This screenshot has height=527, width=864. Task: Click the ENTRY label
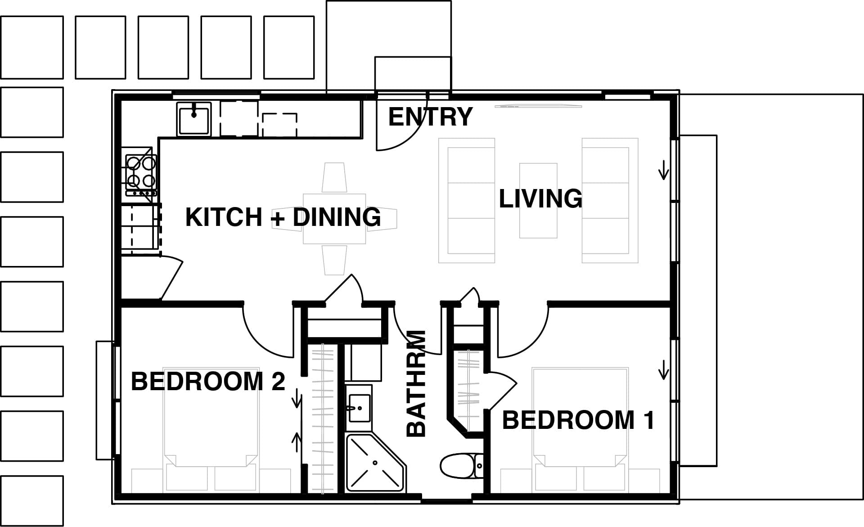pos(430,117)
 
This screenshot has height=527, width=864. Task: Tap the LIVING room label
pos(540,199)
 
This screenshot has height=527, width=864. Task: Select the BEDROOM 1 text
pos(578,420)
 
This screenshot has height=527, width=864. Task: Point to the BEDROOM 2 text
pos(208,382)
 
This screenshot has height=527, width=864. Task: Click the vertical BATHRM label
pos(416,383)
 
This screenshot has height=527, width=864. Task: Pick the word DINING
pos(337,217)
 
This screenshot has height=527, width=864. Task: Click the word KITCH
pos(224,217)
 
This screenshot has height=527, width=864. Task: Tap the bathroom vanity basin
pos(359,408)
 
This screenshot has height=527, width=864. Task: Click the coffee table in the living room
pos(538,200)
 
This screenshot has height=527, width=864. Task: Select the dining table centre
pos(334,219)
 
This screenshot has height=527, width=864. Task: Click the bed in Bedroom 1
pos(580,429)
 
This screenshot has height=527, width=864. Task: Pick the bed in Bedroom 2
pos(211,429)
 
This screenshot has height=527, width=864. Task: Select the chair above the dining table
pos(334,177)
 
